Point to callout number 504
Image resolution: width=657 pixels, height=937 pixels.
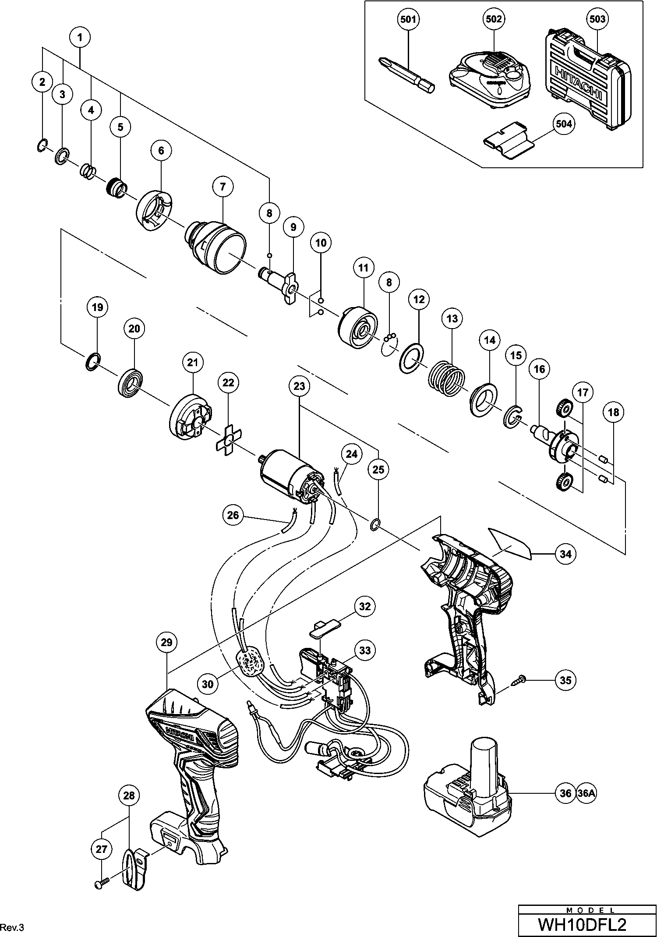coord(563,124)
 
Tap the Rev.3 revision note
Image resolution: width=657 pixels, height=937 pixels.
coord(13,927)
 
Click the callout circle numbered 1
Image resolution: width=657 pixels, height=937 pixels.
coord(80,38)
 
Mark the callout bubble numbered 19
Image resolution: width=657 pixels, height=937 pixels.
coord(97,307)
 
